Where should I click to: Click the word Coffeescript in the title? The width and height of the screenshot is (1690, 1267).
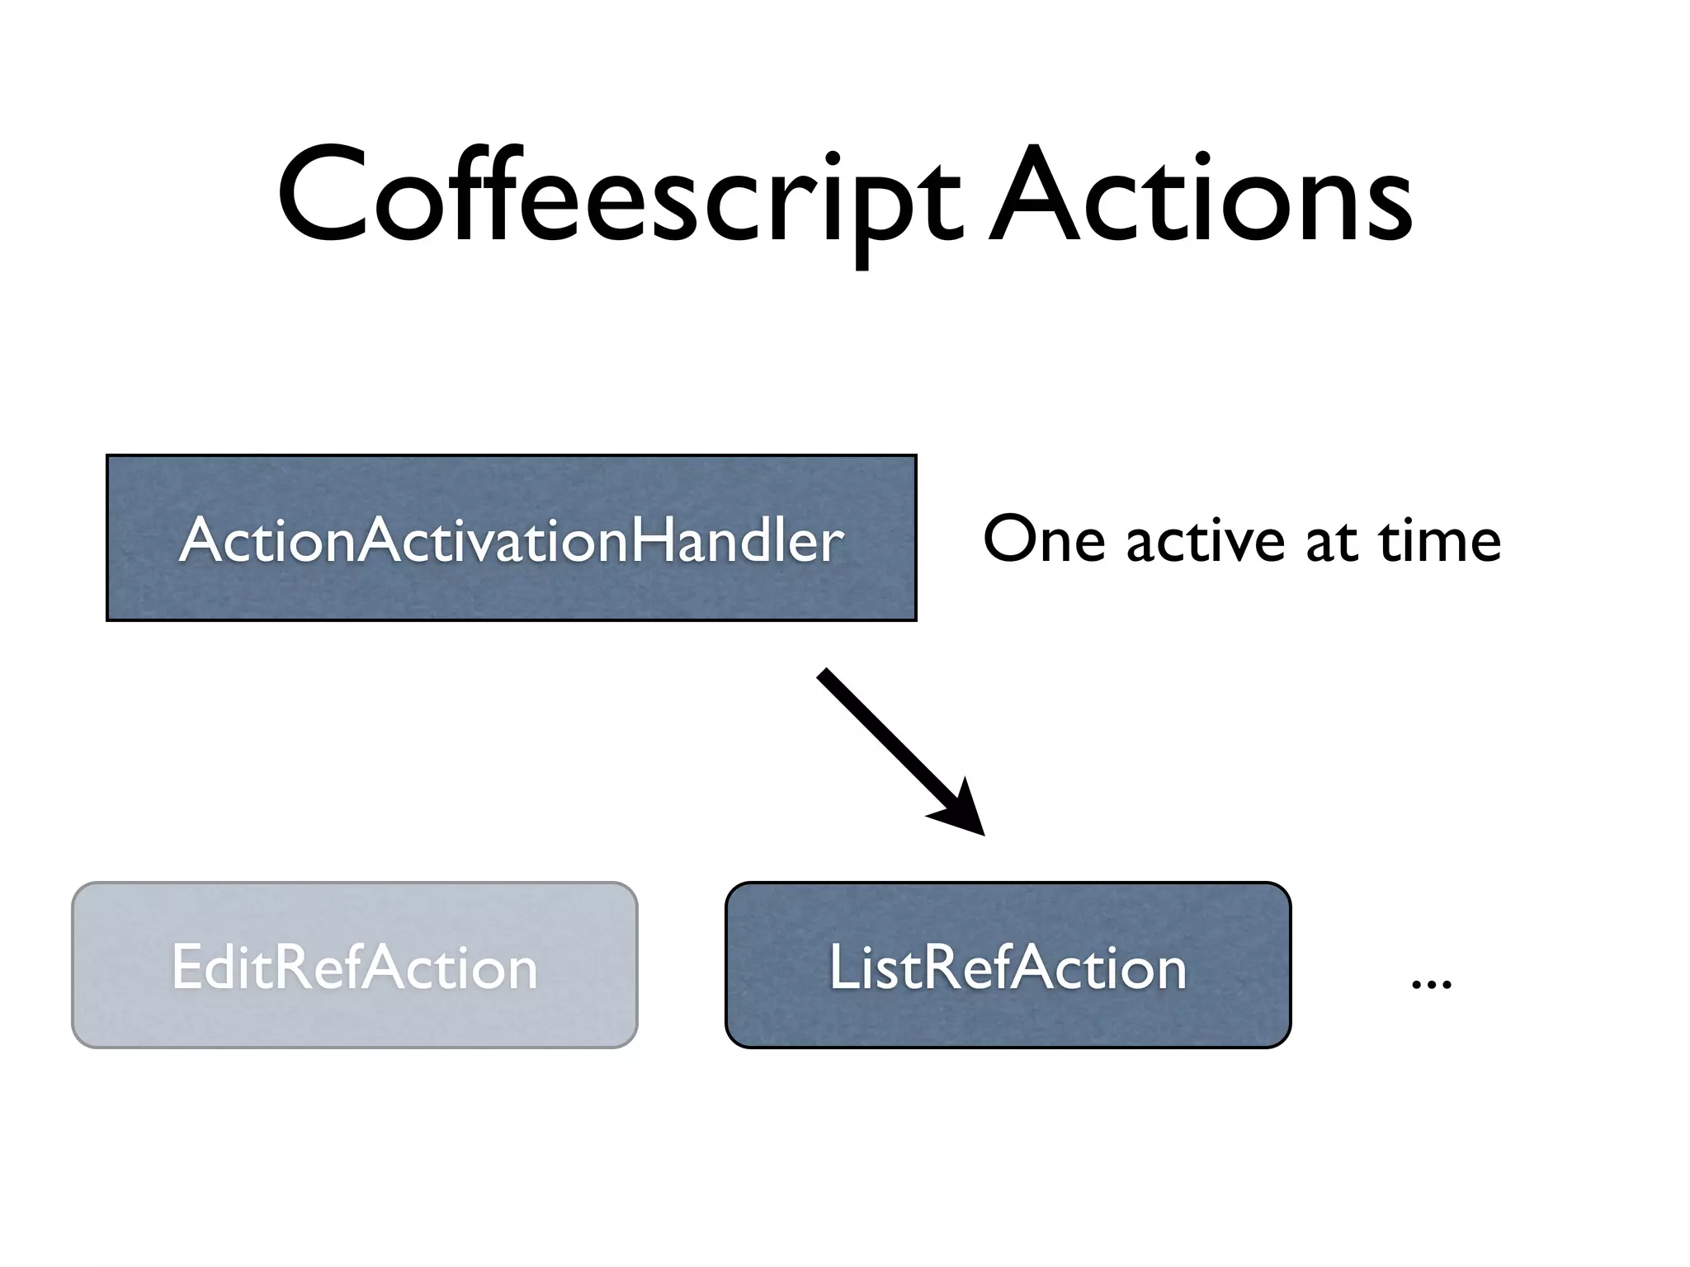619,198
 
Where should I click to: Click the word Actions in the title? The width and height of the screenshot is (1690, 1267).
1201,198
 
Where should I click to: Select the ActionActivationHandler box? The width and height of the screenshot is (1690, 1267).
512,538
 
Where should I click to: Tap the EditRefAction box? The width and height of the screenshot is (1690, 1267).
355,965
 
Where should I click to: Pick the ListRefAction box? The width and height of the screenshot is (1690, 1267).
1008,965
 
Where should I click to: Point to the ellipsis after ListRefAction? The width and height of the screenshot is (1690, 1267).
1432,982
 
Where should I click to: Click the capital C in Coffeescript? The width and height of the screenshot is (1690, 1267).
322,198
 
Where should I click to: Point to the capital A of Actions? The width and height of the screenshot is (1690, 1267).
1035,198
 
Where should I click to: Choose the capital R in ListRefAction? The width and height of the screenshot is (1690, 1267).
941,967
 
